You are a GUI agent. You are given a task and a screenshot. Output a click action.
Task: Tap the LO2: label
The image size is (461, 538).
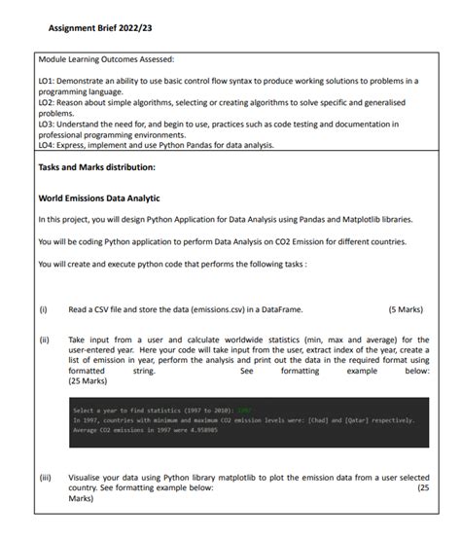tap(46, 101)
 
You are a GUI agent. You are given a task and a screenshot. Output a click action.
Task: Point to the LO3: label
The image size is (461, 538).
tap(46, 123)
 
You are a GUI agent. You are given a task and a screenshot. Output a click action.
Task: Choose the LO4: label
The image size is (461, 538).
tap(46, 145)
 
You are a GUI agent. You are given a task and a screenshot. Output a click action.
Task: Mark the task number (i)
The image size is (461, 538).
tap(43, 309)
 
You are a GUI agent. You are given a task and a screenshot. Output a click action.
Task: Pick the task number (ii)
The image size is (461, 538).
tap(43, 340)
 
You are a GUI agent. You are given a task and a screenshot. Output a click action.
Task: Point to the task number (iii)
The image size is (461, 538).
tap(44, 480)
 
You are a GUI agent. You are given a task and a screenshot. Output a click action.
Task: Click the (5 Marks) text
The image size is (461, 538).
tap(405, 309)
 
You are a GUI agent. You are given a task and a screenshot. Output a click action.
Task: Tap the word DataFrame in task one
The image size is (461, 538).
tap(278, 309)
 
